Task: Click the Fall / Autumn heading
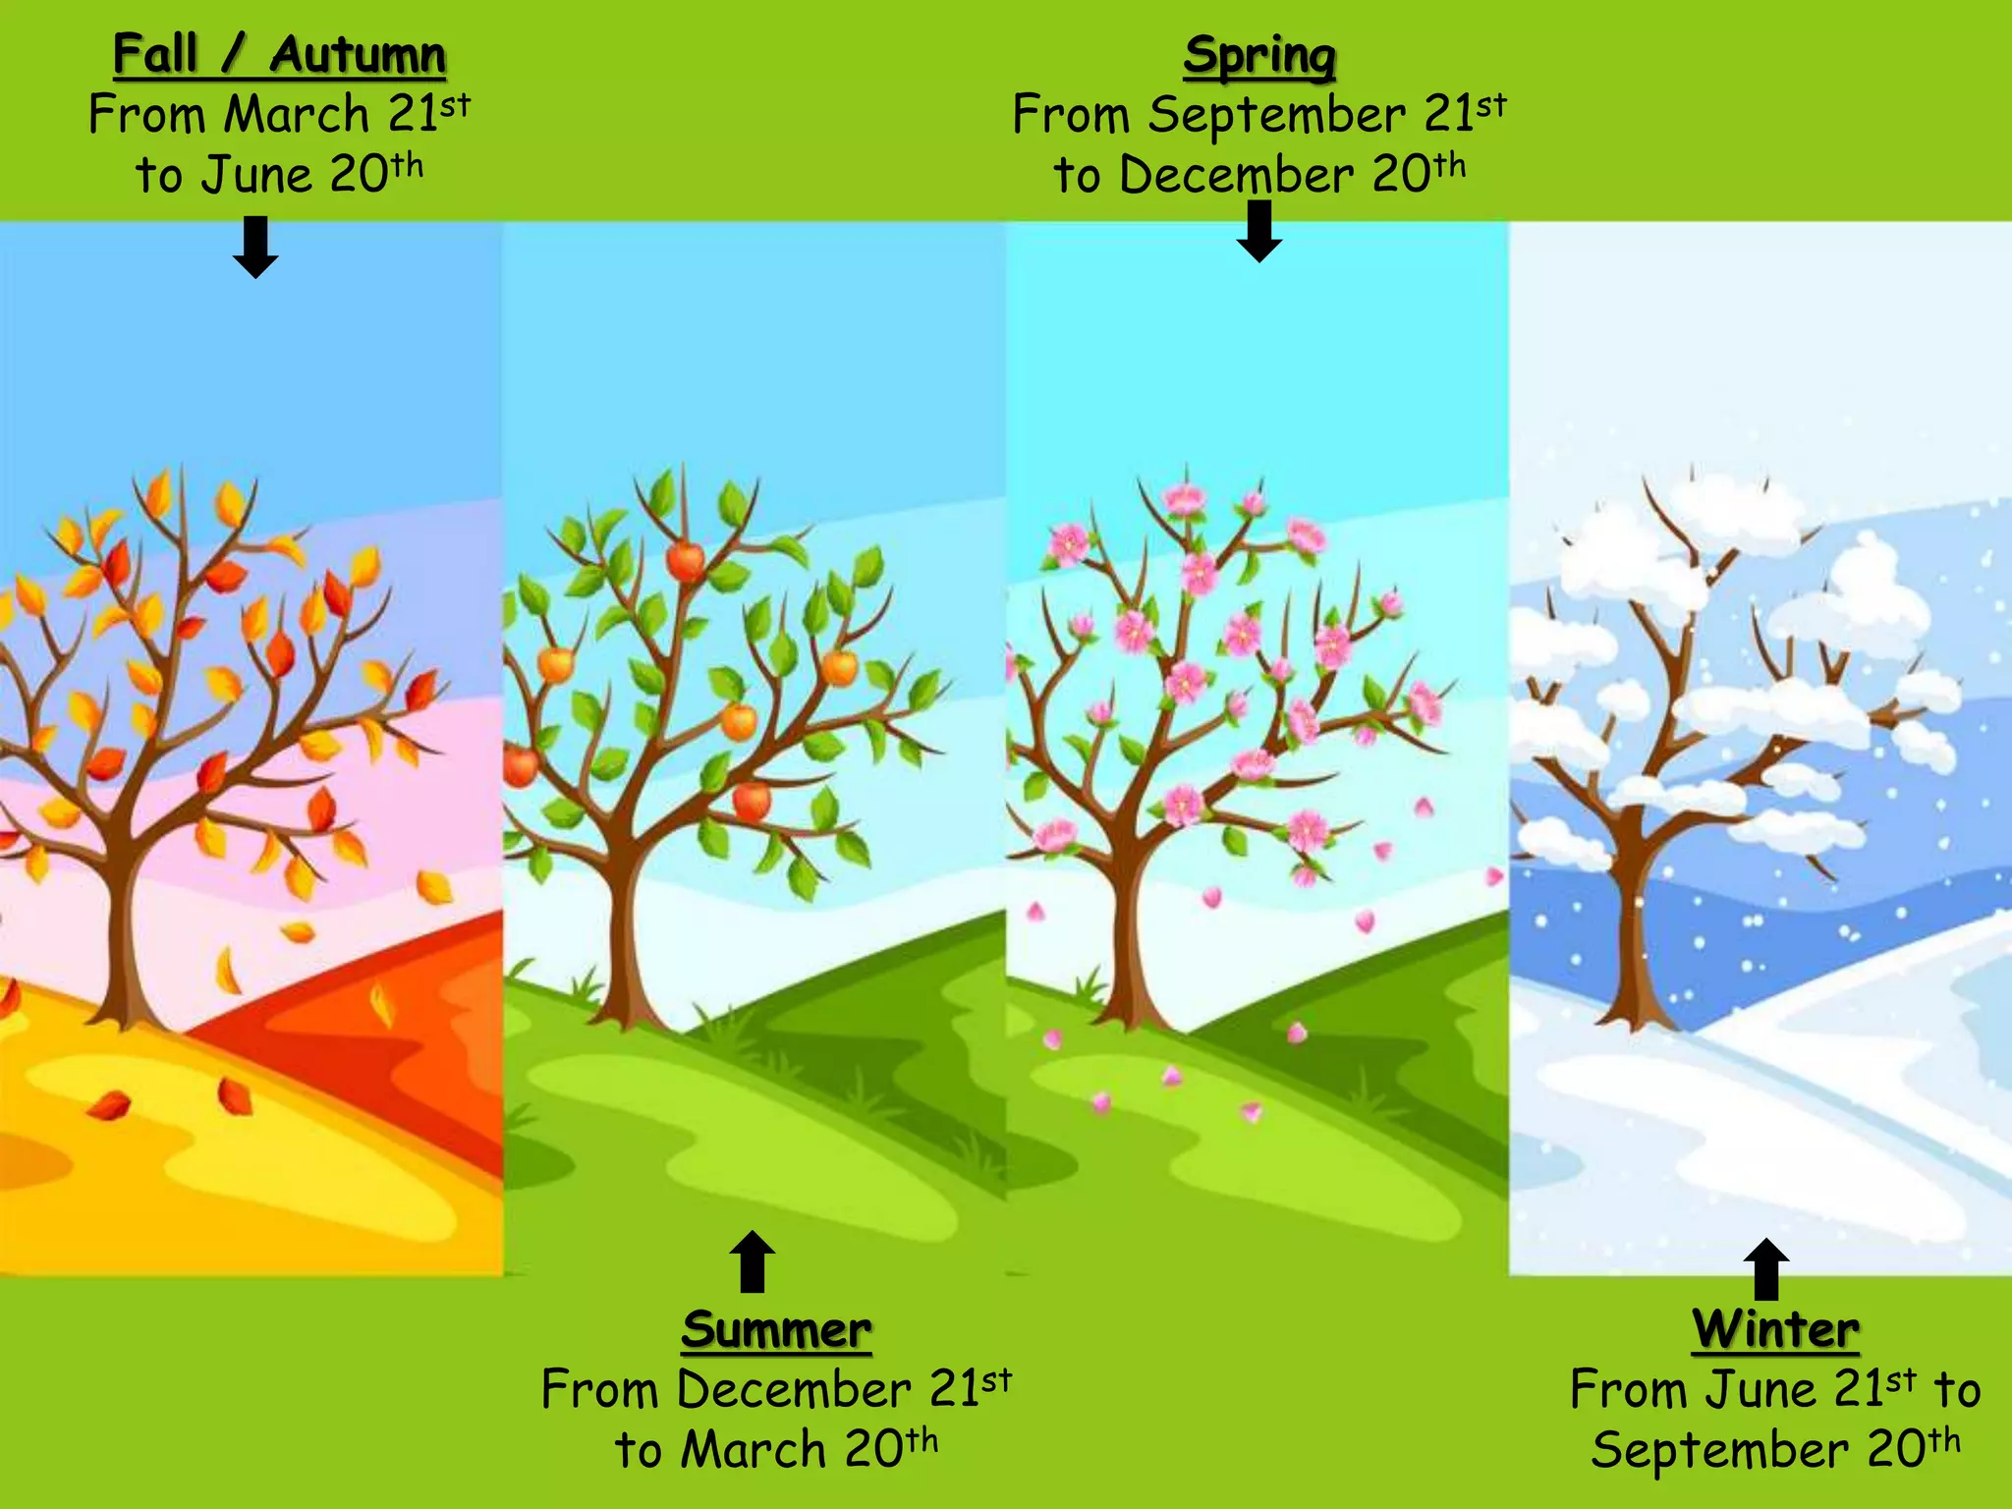(279, 54)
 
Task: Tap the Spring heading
(1258, 55)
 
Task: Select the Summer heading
(776, 1330)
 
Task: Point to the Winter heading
(1775, 1329)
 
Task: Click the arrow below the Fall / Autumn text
(255, 248)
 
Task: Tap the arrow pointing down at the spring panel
(1258, 232)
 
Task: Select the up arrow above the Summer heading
(753, 1261)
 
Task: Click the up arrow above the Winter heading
(1765, 1269)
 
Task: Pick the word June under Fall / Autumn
(256, 176)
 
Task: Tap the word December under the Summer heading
(793, 1389)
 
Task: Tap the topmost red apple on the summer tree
(686, 561)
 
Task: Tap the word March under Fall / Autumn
(297, 115)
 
